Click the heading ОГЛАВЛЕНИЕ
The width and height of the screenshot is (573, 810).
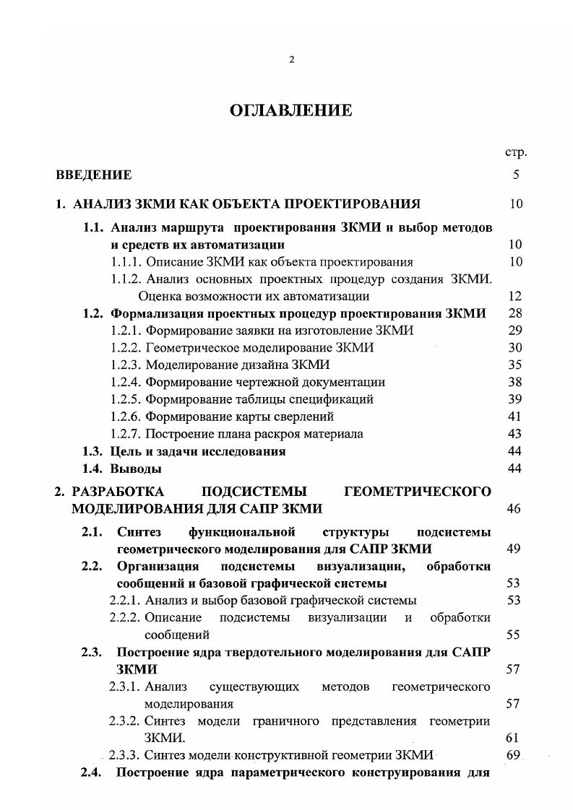click(290, 110)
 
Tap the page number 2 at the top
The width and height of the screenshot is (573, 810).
click(291, 60)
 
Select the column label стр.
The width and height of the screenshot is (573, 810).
click(515, 152)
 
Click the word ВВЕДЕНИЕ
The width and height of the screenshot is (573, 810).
click(94, 175)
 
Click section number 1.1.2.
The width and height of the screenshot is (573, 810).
click(126, 279)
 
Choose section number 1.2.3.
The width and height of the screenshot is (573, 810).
click(126, 365)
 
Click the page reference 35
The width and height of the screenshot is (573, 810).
click(514, 365)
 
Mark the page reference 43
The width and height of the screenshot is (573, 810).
click(514, 434)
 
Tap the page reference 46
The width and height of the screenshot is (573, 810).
click(514, 509)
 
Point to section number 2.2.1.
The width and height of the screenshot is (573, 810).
click(125, 600)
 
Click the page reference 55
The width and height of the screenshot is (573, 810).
click(514, 635)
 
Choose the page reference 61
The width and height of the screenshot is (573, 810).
click(514, 739)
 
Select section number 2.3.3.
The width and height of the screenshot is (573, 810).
click(125, 756)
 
